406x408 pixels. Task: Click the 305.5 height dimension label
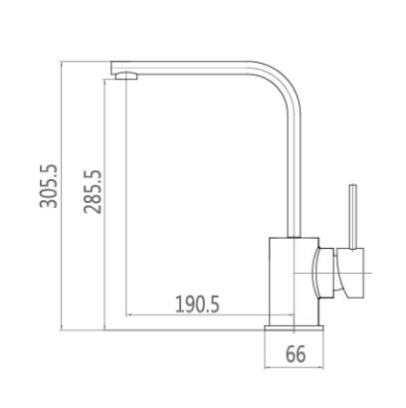coord(49,186)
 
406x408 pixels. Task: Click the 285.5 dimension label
coord(93,192)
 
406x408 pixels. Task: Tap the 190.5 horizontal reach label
coord(197,305)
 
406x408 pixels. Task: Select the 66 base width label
coord(296,354)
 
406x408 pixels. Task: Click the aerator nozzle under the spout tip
coord(126,76)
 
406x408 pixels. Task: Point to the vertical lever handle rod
coord(353,216)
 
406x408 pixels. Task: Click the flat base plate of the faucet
coord(294,328)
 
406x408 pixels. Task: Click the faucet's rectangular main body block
coord(294,282)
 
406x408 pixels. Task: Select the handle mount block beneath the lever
coord(351,272)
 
